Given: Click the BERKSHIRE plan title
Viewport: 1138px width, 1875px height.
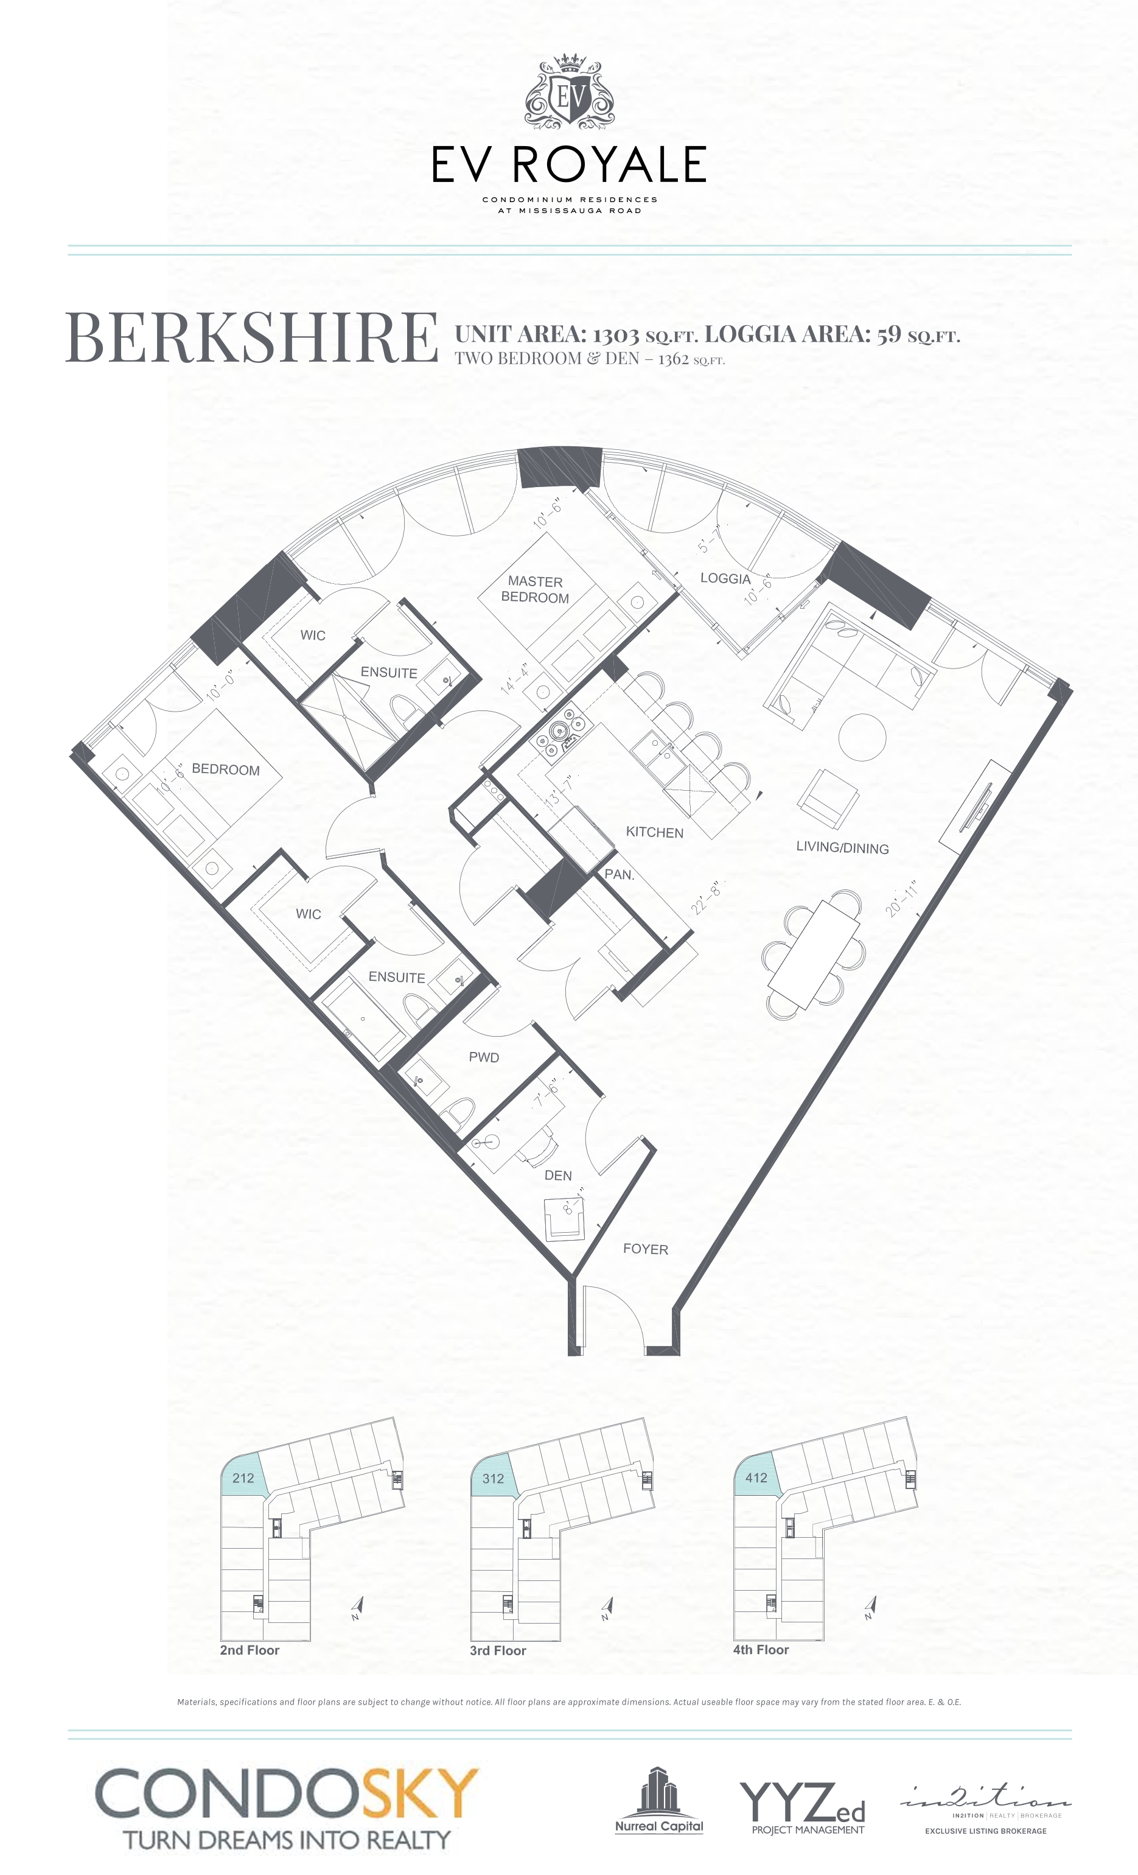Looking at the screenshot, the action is (252, 337).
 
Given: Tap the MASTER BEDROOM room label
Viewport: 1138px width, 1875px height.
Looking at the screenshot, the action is (535, 589).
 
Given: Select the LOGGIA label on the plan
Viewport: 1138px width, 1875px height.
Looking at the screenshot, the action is (725, 578).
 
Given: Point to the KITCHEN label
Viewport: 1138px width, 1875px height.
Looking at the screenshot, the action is (654, 832).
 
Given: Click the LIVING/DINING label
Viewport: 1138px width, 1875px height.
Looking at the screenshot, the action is (842, 847).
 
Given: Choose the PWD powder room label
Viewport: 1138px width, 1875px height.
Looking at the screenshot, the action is (484, 1057).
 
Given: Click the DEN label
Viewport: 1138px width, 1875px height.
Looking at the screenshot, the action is (557, 1175).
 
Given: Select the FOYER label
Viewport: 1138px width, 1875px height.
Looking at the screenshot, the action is (645, 1249).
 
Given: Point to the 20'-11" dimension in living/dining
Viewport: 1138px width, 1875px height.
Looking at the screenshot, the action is (902, 898).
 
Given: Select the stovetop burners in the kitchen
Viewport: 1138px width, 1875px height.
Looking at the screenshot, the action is (560, 732).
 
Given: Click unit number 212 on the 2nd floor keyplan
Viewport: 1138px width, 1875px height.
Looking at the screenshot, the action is (243, 1478).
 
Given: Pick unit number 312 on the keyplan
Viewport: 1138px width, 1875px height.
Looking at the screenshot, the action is (493, 1479).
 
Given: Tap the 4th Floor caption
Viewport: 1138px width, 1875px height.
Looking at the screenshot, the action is (761, 1650).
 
